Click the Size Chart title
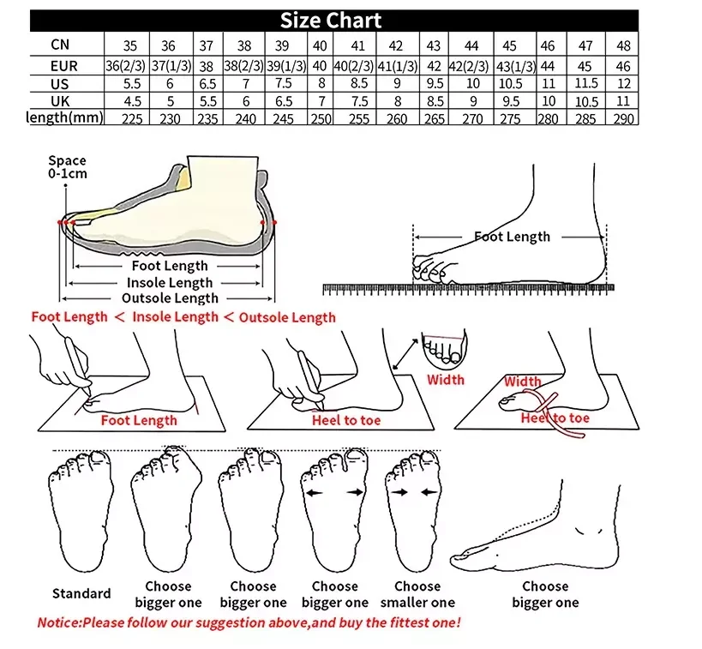point(330,21)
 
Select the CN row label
point(60,45)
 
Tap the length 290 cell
point(624,119)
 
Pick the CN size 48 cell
point(624,45)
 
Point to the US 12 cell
point(624,84)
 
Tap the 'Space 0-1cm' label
point(67,167)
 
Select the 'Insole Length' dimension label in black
point(170,283)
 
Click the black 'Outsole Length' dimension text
point(170,298)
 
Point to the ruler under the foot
point(468,289)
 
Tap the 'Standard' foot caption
point(81,593)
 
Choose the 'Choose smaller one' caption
point(417,594)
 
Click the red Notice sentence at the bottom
point(249,622)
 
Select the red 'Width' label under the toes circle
point(446,380)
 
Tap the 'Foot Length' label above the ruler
point(512,237)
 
